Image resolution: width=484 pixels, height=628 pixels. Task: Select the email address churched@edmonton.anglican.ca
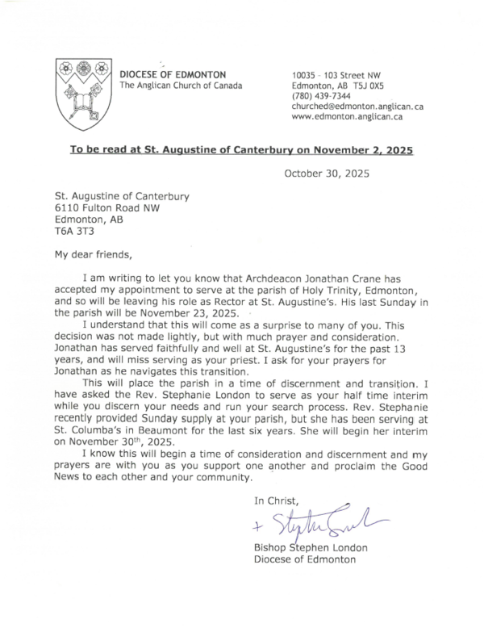coord(358,106)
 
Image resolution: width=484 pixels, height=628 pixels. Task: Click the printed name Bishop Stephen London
coord(310,548)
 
